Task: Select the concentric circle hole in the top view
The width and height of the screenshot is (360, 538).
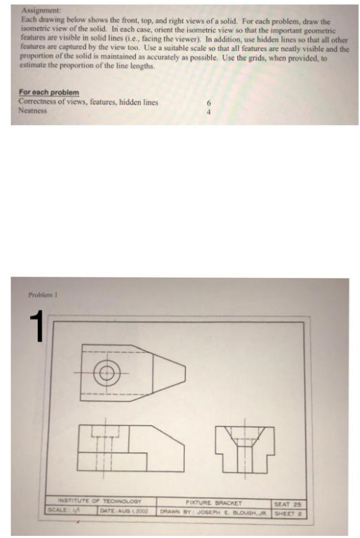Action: pyautogui.click(x=108, y=372)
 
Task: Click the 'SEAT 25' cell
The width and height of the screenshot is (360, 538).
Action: pyautogui.click(x=289, y=502)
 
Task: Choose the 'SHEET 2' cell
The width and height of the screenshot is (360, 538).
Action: pyautogui.click(x=289, y=510)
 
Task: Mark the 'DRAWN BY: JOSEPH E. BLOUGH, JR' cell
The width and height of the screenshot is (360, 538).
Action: pyautogui.click(x=211, y=510)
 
